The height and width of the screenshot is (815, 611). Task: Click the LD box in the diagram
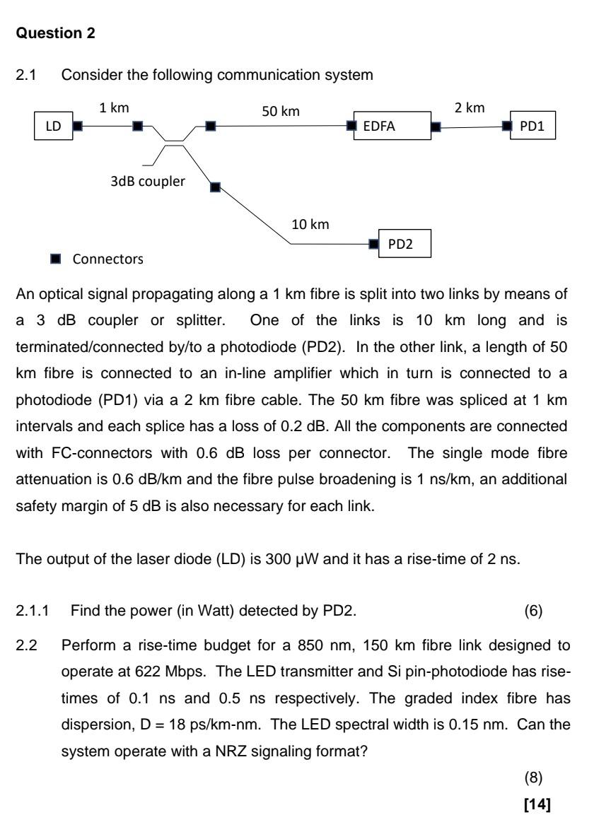(x=53, y=127)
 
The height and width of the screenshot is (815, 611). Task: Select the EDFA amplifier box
(x=391, y=127)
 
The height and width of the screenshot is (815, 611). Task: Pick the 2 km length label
(x=470, y=108)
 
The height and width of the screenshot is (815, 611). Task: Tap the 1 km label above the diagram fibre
(x=112, y=108)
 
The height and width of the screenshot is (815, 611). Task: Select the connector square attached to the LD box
(x=78, y=127)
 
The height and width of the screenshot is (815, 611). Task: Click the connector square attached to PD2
(x=374, y=244)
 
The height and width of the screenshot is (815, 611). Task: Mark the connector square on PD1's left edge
(x=506, y=127)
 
